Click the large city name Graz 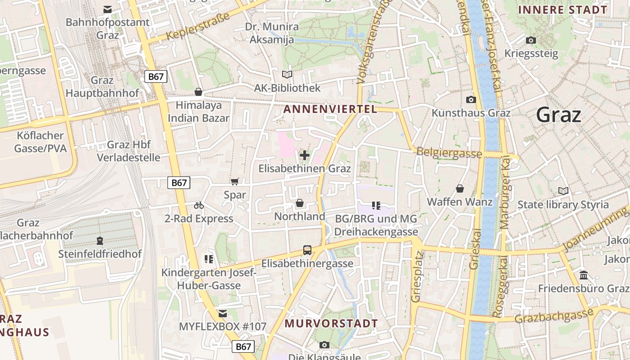tap(558, 115)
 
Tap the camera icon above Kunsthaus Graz tap(471, 99)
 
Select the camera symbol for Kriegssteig tap(531, 40)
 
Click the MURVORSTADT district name tap(331, 324)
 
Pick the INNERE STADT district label tap(562, 10)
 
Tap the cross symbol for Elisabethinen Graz tap(305, 156)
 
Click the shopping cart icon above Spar tap(234, 182)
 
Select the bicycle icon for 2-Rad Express tap(199, 205)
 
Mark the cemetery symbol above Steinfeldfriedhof tap(100, 241)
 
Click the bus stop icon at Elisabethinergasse tap(307, 250)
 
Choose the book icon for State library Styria tap(563, 191)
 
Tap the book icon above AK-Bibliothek tap(287, 74)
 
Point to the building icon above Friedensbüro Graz tap(584, 275)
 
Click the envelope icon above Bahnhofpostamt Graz tap(108, 9)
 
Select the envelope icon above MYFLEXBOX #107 tap(223, 313)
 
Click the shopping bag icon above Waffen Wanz tap(460, 189)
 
